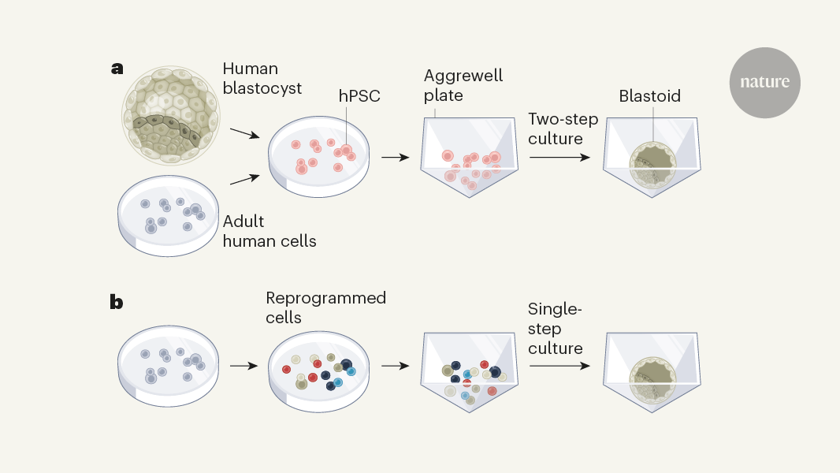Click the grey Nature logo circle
764,82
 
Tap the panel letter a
117,68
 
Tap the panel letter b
117,301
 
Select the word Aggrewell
463,76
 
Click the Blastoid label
649,96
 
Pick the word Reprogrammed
325,298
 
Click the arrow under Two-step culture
559,157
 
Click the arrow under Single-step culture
559,366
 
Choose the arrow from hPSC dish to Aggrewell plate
395,157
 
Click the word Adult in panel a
244,222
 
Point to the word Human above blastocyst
251,69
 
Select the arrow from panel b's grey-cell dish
243,366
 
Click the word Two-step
563,119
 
